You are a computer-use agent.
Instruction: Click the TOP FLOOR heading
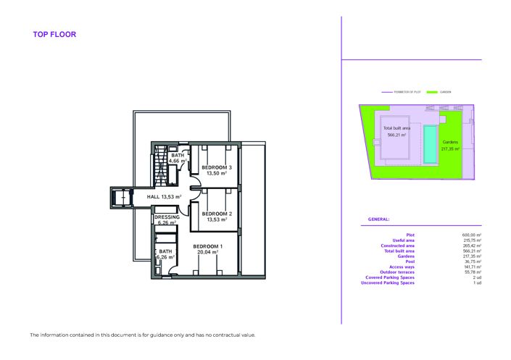tap(54, 34)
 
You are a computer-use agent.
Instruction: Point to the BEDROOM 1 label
tap(207, 247)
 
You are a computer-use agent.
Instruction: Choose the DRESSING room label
tap(167, 217)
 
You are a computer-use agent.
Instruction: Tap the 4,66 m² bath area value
tap(178, 162)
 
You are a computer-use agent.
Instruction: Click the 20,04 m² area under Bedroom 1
tap(207, 253)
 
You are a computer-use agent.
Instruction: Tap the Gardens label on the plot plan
tap(450, 141)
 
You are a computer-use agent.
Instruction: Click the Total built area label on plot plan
tap(396, 128)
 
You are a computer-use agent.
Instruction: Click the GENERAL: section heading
tap(379, 219)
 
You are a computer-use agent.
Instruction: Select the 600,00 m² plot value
tap(473, 235)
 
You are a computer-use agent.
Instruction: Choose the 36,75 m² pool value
tap(474, 261)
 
